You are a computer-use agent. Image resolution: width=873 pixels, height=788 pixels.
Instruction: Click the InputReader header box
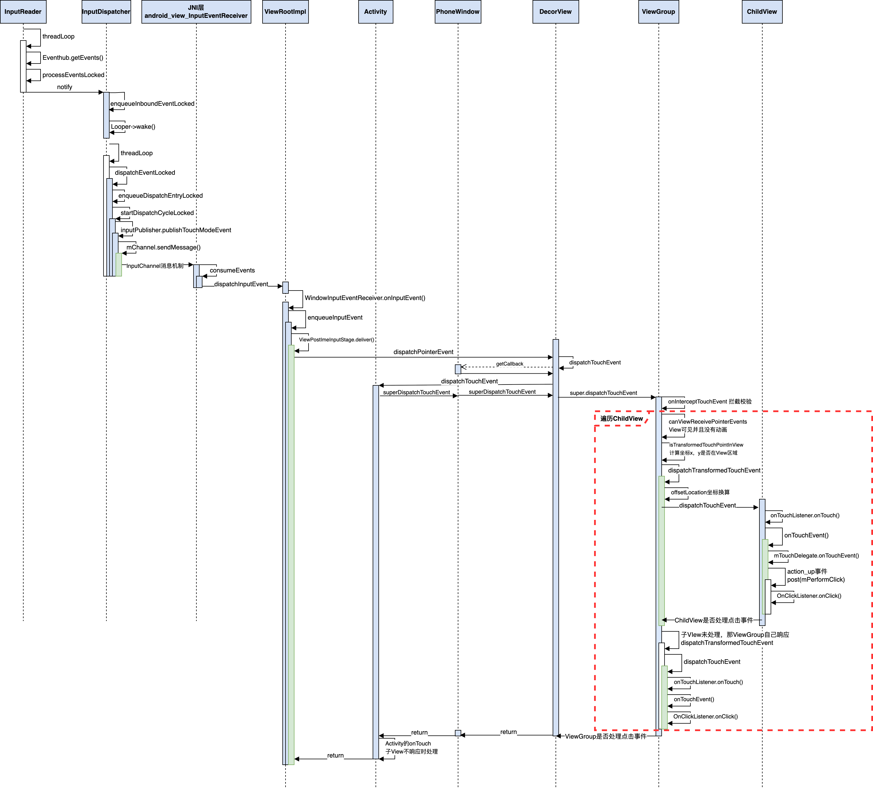pos(23,12)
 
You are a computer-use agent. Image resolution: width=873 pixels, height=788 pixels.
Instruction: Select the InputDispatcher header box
pos(106,12)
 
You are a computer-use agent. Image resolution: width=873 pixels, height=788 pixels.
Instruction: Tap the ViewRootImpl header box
pos(285,12)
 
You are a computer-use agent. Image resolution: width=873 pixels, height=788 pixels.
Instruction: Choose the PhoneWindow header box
pos(458,12)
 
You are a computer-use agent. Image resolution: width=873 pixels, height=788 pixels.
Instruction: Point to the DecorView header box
pos(555,12)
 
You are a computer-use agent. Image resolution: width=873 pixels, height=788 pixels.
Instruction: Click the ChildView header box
pos(762,12)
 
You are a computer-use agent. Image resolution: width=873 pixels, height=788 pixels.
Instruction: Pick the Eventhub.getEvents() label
pos(73,57)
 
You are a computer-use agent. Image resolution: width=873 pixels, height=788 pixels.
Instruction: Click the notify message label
pos(64,87)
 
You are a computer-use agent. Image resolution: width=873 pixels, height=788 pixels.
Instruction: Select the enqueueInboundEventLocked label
pos(152,104)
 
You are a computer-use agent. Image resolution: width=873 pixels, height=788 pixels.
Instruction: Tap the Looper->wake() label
pos(133,127)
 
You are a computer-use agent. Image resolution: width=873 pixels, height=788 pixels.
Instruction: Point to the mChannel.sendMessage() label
pos(163,247)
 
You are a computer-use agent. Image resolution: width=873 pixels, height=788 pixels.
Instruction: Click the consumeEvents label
pos(232,270)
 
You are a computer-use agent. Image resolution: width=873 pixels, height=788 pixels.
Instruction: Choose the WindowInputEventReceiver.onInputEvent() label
pos(365,298)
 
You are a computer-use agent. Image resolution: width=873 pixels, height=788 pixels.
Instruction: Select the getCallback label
pos(510,364)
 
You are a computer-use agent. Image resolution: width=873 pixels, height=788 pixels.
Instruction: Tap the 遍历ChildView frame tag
pos(621,418)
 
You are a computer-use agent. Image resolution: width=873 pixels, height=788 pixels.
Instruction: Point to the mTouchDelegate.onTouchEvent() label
pos(816,556)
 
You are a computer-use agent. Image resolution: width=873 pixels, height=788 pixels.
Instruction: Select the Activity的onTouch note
pos(411,747)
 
